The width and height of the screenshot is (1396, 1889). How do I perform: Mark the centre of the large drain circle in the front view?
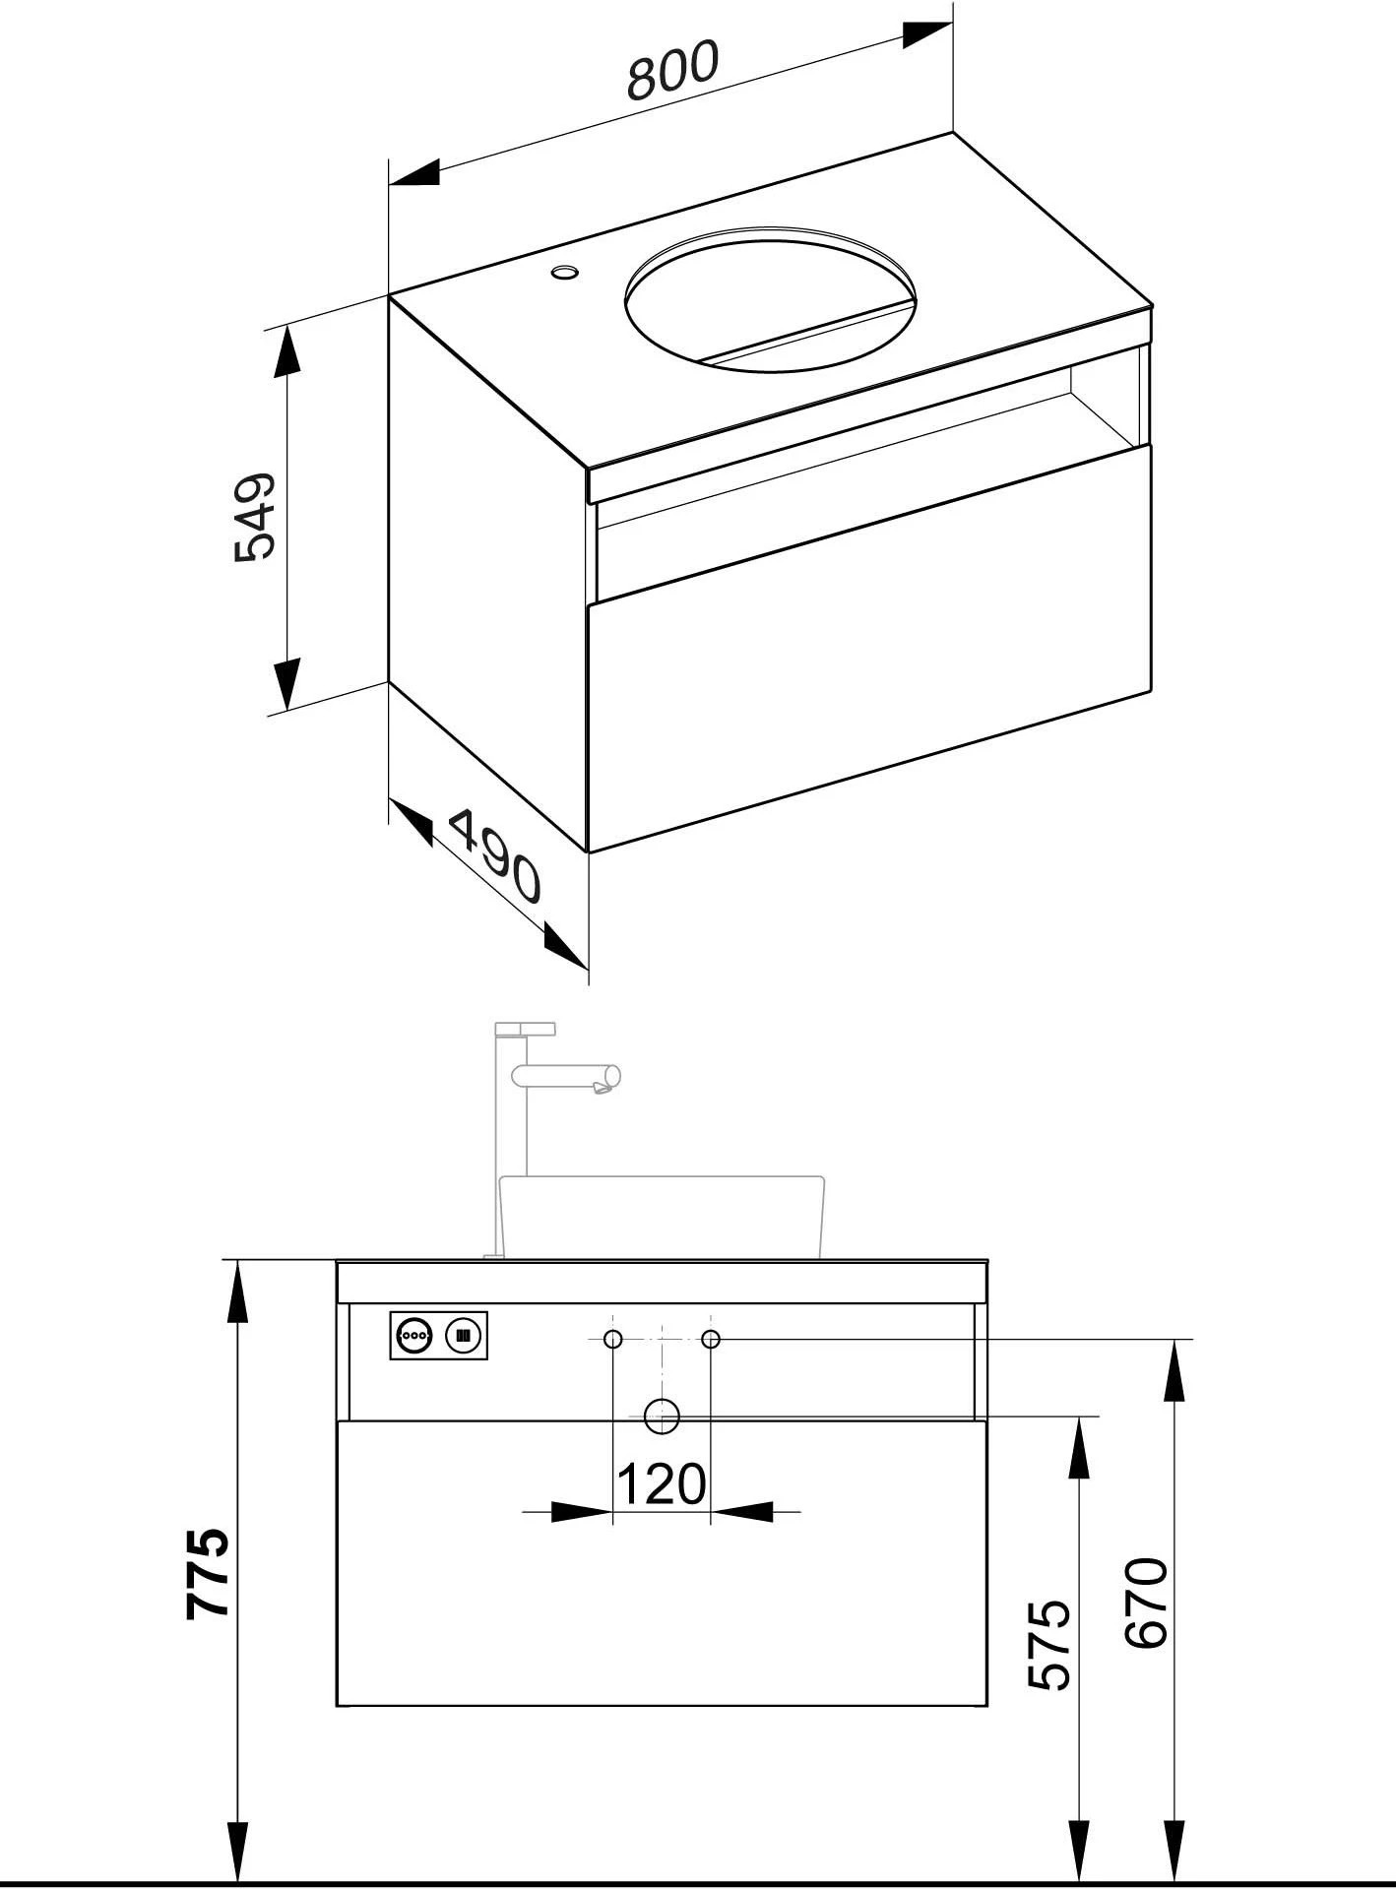point(663,1417)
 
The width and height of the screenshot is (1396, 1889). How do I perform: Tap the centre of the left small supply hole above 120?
point(613,1339)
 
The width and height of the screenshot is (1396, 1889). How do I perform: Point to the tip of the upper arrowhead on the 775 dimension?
point(237,1260)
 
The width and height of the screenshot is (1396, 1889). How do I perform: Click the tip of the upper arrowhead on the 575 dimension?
point(1080,1417)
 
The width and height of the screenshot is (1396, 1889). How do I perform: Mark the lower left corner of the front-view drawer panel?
point(337,1706)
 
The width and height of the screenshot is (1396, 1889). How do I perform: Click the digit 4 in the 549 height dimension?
point(254,516)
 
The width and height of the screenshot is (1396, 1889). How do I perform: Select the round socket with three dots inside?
point(413,1336)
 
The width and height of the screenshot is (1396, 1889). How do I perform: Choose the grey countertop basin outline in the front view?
point(663,1217)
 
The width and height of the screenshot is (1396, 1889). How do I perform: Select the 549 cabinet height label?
point(255,517)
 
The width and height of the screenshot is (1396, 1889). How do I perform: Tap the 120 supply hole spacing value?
point(662,1483)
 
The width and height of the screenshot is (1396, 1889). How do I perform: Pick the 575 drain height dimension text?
point(1049,1645)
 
